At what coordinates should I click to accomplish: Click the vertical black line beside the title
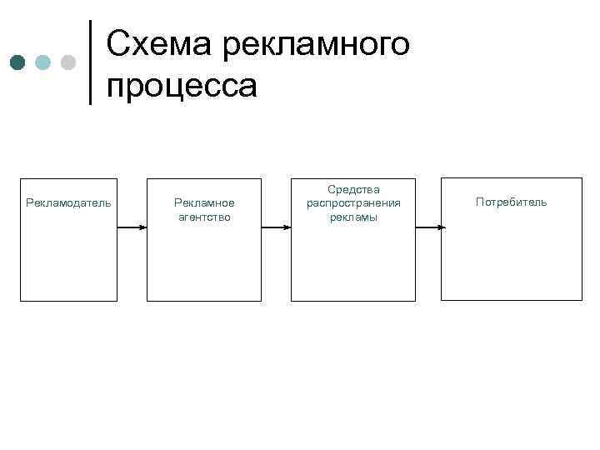(x=90, y=62)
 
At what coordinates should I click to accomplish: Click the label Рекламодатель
(x=69, y=202)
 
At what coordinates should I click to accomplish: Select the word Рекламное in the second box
(x=204, y=202)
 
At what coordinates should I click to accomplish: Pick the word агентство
(x=204, y=217)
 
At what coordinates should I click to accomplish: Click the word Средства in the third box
(x=353, y=190)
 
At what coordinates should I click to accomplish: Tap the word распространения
(x=353, y=203)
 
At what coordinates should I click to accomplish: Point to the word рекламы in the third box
(x=353, y=217)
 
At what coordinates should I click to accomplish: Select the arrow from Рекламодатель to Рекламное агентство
(x=132, y=227)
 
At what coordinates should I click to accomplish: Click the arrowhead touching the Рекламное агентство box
(x=143, y=227)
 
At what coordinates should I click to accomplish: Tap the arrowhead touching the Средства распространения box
(x=287, y=227)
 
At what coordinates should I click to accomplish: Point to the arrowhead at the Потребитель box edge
(x=442, y=227)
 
